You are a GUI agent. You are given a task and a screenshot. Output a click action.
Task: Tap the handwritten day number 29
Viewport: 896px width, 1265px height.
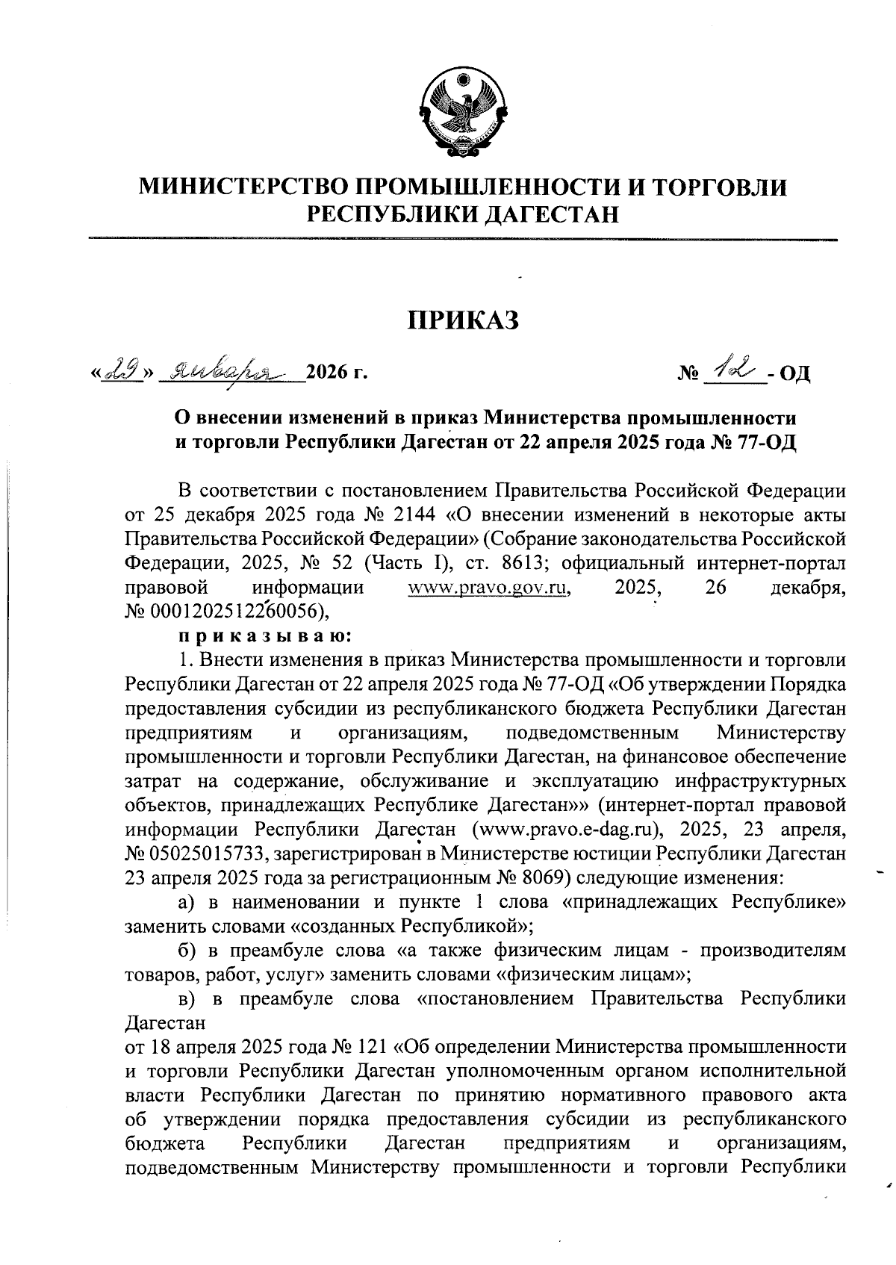point(124,369)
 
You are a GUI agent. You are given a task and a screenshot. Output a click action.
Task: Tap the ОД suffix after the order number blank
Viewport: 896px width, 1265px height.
point(794,372)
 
